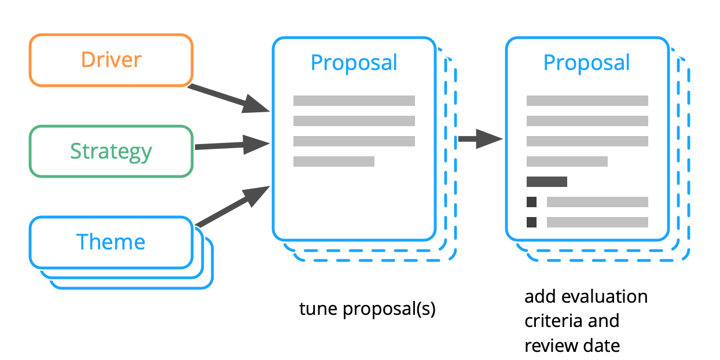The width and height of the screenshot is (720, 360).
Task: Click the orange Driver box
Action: click(111, 60)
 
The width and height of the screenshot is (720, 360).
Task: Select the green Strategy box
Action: click(111, 151)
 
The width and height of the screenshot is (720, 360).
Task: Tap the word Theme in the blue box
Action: click(111, 242)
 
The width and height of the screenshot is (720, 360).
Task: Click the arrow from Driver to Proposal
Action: click(229, 99)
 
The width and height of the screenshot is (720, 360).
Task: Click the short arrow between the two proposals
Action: click(479, 139)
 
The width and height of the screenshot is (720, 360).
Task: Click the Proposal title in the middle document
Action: click(354, 63)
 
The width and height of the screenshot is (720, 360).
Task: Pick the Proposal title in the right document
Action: click(586, 63)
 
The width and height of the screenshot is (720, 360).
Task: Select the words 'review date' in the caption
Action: click(572, 346)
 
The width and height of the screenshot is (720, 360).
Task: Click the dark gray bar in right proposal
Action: click(546, 182)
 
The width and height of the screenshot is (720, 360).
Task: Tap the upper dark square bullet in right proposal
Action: click(531, 202)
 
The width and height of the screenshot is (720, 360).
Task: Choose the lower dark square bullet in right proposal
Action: click(531, 222)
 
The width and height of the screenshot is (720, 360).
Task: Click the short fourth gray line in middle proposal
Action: click(333, 161)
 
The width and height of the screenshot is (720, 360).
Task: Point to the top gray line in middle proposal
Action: click(354, 101)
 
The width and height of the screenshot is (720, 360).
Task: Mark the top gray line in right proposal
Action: click(587, 101)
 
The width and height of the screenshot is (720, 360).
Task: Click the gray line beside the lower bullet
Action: click(597, 222)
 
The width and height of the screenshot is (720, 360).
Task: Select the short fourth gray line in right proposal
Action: click(567, 161)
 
